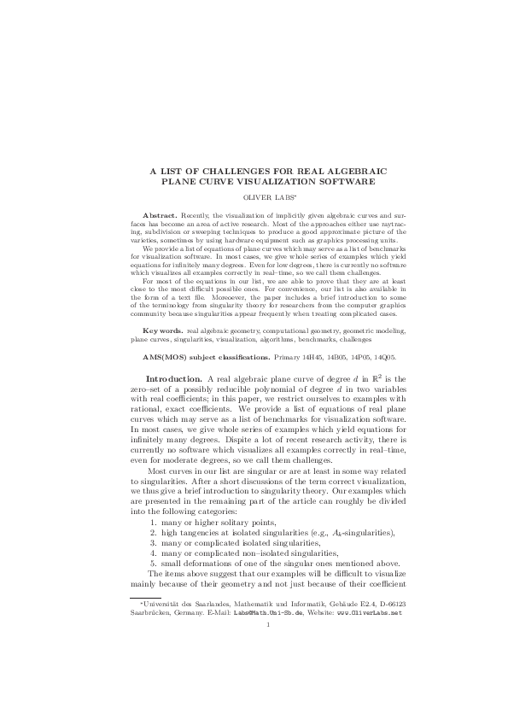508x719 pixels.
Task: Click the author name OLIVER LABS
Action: point(254,196)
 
